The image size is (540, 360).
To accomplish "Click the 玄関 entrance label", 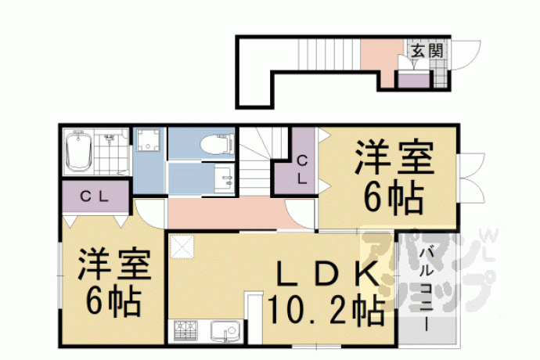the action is [427, 52].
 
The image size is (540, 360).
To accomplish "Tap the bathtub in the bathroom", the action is [78, 152].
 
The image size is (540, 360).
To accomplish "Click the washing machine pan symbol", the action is [149, 140].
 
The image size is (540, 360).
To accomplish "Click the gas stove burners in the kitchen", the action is [185, 331].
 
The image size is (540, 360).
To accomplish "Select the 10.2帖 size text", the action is [326, 309].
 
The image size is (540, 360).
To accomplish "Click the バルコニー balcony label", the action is [427, 289].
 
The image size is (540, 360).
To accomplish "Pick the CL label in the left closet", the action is [95, 196].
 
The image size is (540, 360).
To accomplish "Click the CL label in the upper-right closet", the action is [302, 170].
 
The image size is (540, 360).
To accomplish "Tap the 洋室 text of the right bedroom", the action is [394, 157].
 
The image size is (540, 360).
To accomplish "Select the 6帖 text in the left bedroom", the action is [114, 301].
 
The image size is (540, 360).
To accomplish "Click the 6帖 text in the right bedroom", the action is [394, 197].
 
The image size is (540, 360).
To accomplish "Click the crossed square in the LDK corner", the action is [182, 246].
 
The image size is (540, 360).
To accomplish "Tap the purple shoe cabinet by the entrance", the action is [414, 80].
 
